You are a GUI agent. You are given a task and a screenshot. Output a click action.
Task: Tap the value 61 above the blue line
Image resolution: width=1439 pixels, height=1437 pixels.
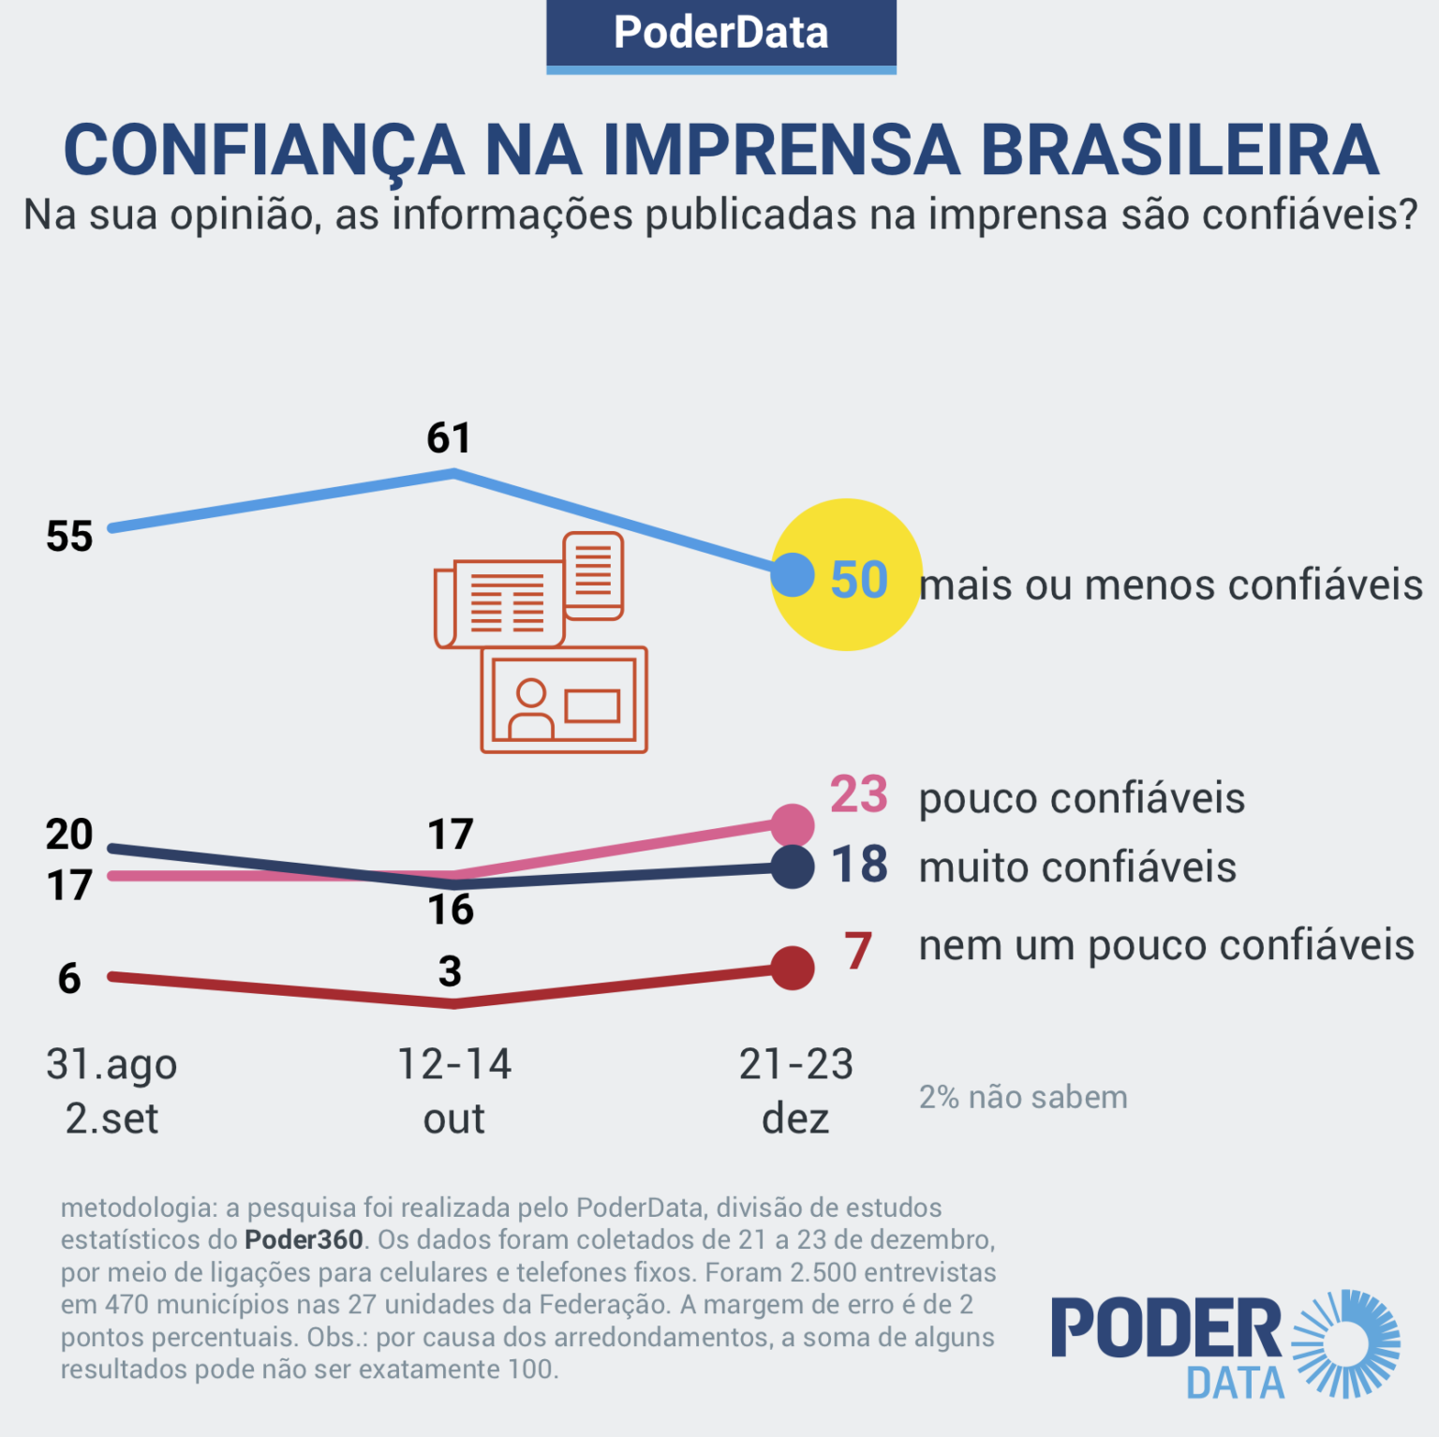[x=449, y=437]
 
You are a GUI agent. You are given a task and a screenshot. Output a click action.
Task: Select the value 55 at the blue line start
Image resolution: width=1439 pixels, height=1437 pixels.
[x=69, y=537]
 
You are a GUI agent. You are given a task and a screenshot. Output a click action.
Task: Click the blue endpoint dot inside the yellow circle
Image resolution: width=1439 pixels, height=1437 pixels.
[x=793, y=574]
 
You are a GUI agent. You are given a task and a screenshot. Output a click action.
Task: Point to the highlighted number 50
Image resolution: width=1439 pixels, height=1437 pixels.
[x=859, y=580]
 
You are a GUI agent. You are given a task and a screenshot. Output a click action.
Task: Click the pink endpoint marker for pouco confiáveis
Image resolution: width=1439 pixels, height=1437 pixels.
[x=793, y=824]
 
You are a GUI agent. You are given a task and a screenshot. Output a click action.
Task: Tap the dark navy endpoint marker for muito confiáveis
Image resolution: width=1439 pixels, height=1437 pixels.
[x=793, y=867]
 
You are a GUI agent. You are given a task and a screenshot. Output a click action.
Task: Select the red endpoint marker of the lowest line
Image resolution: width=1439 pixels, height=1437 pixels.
[x=793, y=968]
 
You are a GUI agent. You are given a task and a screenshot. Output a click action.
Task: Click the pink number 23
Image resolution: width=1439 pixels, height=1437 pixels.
[x=858, y=794]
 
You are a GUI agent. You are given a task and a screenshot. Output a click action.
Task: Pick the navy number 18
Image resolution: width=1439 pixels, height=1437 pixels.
[x=859, y=865]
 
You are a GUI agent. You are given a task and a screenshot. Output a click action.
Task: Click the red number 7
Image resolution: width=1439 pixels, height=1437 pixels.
[x=858, y=951]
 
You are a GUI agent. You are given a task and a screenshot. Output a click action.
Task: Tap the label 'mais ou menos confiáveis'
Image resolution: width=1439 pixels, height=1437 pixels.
[x=1170, y=585]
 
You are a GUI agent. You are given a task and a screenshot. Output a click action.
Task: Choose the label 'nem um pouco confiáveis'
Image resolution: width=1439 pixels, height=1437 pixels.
[x=1166, y=945]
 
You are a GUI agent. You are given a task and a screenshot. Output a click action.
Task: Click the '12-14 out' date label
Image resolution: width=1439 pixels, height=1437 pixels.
[x=454, y=1090]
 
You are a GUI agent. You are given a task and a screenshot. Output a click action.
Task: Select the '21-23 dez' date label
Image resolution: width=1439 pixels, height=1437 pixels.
[x=795, y=1090]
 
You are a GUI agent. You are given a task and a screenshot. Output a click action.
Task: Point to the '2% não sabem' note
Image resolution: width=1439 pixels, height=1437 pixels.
[x=1023, y=1097]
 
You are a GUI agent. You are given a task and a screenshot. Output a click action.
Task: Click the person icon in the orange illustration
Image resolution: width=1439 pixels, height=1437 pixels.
[x=530, y=709]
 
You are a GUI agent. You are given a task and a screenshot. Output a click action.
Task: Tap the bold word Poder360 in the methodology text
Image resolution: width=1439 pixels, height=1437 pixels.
[x=304, y=1239]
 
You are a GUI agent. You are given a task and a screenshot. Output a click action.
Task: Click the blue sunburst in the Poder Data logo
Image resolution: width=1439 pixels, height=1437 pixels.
[x=1346, y=1342]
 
